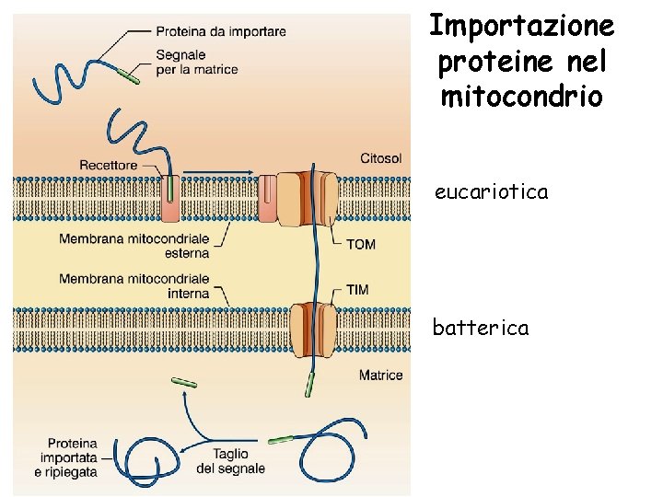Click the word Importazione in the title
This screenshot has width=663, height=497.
tap(521, 25)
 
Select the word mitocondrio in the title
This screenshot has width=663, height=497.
tap(521, 96)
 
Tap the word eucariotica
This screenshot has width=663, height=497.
tap(492, 192)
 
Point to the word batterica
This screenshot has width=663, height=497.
tap(481, 328)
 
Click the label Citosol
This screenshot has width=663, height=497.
tap(381, 158)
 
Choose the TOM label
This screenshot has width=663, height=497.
tap(360, 244)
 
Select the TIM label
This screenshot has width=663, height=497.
tap(357, 289)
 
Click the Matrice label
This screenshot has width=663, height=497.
tap(380, 376)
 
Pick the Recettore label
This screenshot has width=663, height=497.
tap(108, 165)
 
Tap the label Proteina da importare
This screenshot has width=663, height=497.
tap(221, 31)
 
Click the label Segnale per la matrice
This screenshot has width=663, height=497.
tap(196, 62)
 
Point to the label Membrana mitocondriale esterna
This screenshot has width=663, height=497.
tap(134, 246)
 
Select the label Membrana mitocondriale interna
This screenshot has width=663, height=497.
tap(134, 285)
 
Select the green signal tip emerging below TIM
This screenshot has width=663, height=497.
tap(310, 384)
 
